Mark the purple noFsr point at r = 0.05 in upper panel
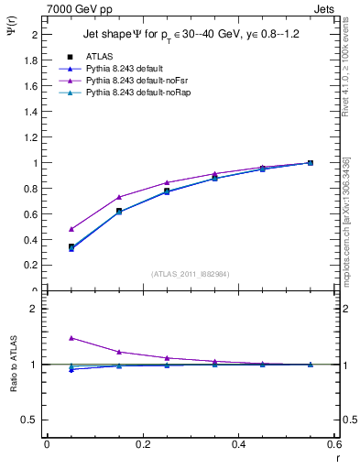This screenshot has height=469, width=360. [71, 229]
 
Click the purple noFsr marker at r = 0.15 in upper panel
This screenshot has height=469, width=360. [119, 197]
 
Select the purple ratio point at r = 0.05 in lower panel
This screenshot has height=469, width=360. [71, 338]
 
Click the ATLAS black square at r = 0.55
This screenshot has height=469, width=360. [311, 163]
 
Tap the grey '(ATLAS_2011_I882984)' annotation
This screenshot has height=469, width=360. [190, 274]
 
